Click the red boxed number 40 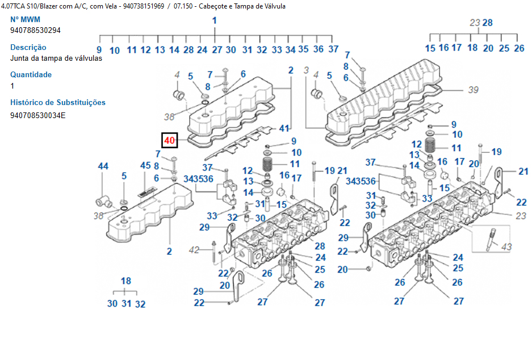click(170, 140)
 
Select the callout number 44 click(103, 166)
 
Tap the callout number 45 click(145, 166)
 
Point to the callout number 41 click(284, 128)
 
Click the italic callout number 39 click(474, 90)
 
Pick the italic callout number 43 click(506, 246)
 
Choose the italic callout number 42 click(194, 250)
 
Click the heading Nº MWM click(25, 19)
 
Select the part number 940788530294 click(35, 31)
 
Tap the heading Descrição click(28, 47)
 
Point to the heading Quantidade click(31, 74)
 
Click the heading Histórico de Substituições click(58, 103)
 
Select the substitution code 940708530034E click(38, 115)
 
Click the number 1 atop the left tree click(215, 21)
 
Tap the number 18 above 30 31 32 click(126, 281)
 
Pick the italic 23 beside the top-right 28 click(475, 23)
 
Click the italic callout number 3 click(306, 70)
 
